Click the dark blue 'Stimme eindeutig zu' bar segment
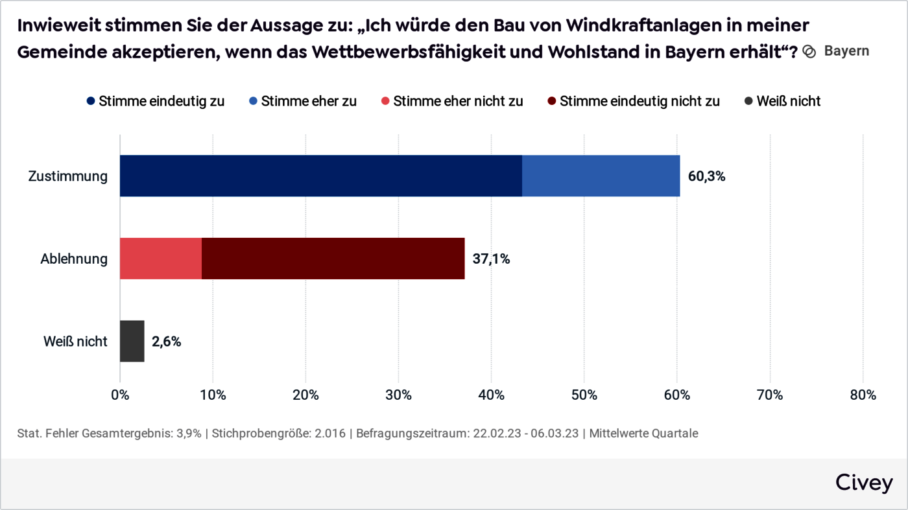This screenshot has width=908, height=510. [321, 176]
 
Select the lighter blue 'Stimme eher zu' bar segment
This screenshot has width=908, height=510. [601, 176]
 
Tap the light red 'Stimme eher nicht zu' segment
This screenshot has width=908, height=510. [161, 259]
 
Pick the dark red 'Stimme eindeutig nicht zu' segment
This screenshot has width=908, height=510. [333, 259]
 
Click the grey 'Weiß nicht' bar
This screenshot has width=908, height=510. [132, 341]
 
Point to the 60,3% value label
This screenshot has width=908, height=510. [706, 176]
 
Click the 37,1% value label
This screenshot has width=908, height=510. [491, 259]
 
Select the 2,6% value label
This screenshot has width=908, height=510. [167, 342]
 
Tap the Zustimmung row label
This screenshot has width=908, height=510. [68, 176]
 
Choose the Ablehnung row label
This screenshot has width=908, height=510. [74, 259]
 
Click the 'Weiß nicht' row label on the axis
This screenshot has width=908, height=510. [75, 342]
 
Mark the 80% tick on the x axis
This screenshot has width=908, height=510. [863, 395]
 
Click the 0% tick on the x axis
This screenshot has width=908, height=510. [120, 395]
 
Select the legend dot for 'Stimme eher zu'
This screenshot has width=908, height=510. [254, 101]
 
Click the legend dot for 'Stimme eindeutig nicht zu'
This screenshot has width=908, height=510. [552, 101]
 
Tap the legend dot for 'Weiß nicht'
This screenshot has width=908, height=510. [748, 101]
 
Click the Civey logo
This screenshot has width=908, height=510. [863, 483]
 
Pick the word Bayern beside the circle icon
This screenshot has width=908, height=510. [846, 51]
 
